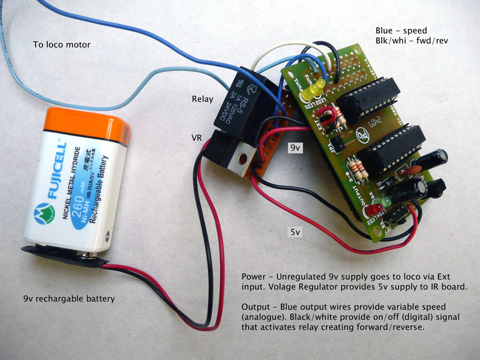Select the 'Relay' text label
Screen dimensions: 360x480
pyautogui.click(x=202, y=99)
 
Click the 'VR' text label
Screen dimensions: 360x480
pyautogui.click(x=196, y=137)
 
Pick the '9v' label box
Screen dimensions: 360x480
pyautogui.click(x=296, y=147)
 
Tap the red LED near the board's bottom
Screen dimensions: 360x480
pyautogui.click(x=375, y=210)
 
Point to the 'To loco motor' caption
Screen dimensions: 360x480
pyautogui.click(x=62, y=45)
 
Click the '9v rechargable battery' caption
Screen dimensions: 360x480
pyautogui.click(x=69, y=298)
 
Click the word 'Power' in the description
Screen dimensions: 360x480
pyautogui.click(x=254, y=277)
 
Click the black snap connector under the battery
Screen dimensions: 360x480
pyautogui.click(x=60, y=253)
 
